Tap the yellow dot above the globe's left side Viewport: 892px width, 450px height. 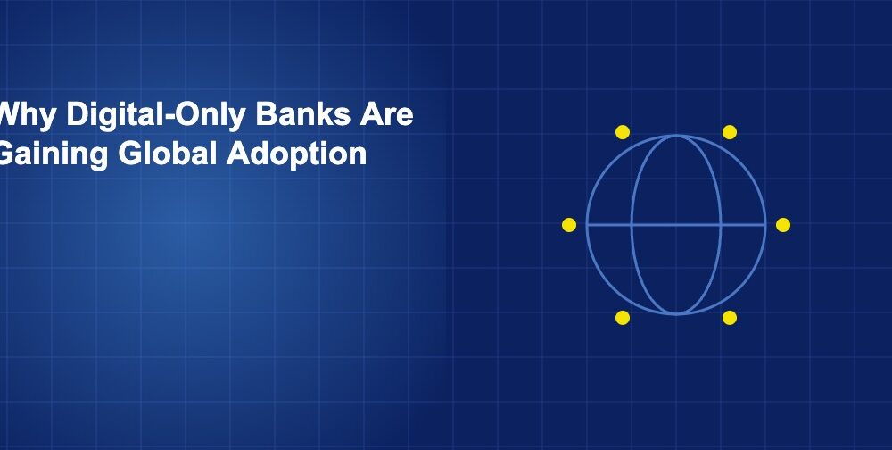(623, 132)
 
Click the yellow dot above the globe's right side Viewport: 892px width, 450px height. (730, 132)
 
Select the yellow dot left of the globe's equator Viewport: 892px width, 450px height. (569, 225)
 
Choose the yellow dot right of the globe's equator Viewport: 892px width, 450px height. (783, 225)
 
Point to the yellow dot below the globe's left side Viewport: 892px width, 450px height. (623, 318)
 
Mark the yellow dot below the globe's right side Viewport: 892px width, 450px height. (730, 318)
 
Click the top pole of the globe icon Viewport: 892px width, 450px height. (676, 136)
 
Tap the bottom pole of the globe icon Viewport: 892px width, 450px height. (676, 313)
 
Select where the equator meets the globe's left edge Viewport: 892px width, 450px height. (587, 225)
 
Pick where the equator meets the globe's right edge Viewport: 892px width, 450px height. (765, 225)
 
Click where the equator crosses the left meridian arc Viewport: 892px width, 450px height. (632, 225)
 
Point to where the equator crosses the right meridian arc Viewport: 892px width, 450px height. (720, 225)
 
